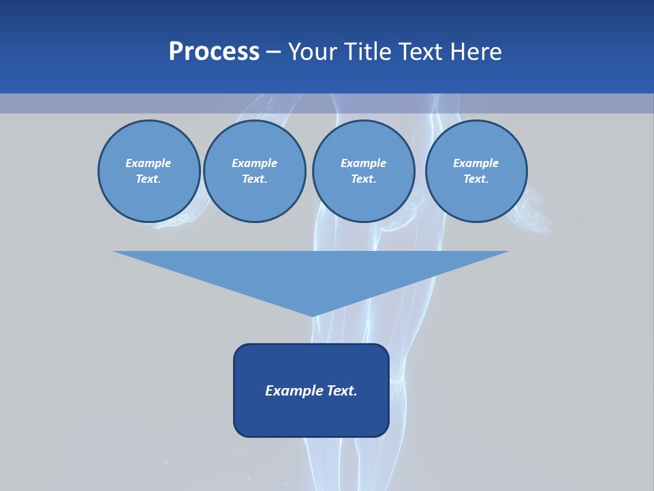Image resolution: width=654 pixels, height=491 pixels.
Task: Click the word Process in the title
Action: [x=214, y=52]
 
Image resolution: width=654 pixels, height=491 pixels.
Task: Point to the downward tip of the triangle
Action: [x=312, y=314]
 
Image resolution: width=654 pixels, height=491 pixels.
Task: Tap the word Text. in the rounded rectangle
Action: [x=341, y=391]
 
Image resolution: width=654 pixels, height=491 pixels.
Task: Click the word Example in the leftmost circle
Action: [x=149, y=164]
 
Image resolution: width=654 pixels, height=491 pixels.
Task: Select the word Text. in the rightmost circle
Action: [x=476, y=179]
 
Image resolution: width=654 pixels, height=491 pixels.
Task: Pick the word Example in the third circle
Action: [x=363, y=164]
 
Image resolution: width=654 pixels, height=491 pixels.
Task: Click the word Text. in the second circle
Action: [x=255, y=179]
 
